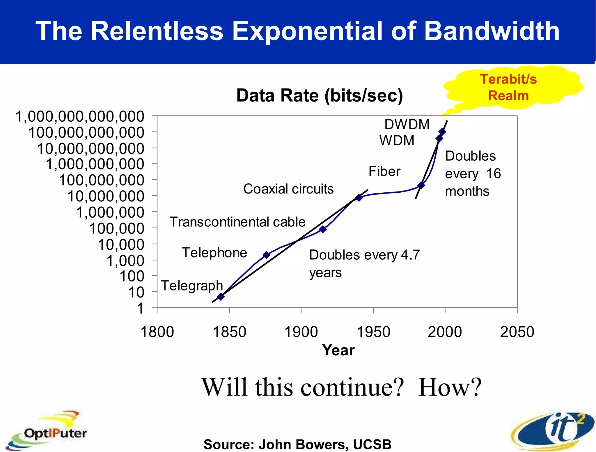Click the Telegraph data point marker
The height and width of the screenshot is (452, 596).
221,297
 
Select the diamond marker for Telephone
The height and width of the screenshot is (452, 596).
266,255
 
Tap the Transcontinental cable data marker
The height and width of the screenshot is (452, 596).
323,229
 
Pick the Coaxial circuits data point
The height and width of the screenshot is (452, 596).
359,198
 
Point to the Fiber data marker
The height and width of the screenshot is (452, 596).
421,185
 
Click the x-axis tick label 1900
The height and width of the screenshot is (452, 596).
301,332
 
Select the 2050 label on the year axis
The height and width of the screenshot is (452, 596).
517,332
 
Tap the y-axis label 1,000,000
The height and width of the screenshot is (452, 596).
110,212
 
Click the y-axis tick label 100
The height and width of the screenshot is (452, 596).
132,276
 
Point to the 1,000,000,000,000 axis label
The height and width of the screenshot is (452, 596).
80,117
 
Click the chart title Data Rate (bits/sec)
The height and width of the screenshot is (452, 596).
320,95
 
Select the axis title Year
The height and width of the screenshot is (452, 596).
338,350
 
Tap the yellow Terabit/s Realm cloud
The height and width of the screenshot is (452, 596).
508,88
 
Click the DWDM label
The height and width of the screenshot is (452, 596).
407,125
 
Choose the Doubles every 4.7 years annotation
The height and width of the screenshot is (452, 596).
364,263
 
